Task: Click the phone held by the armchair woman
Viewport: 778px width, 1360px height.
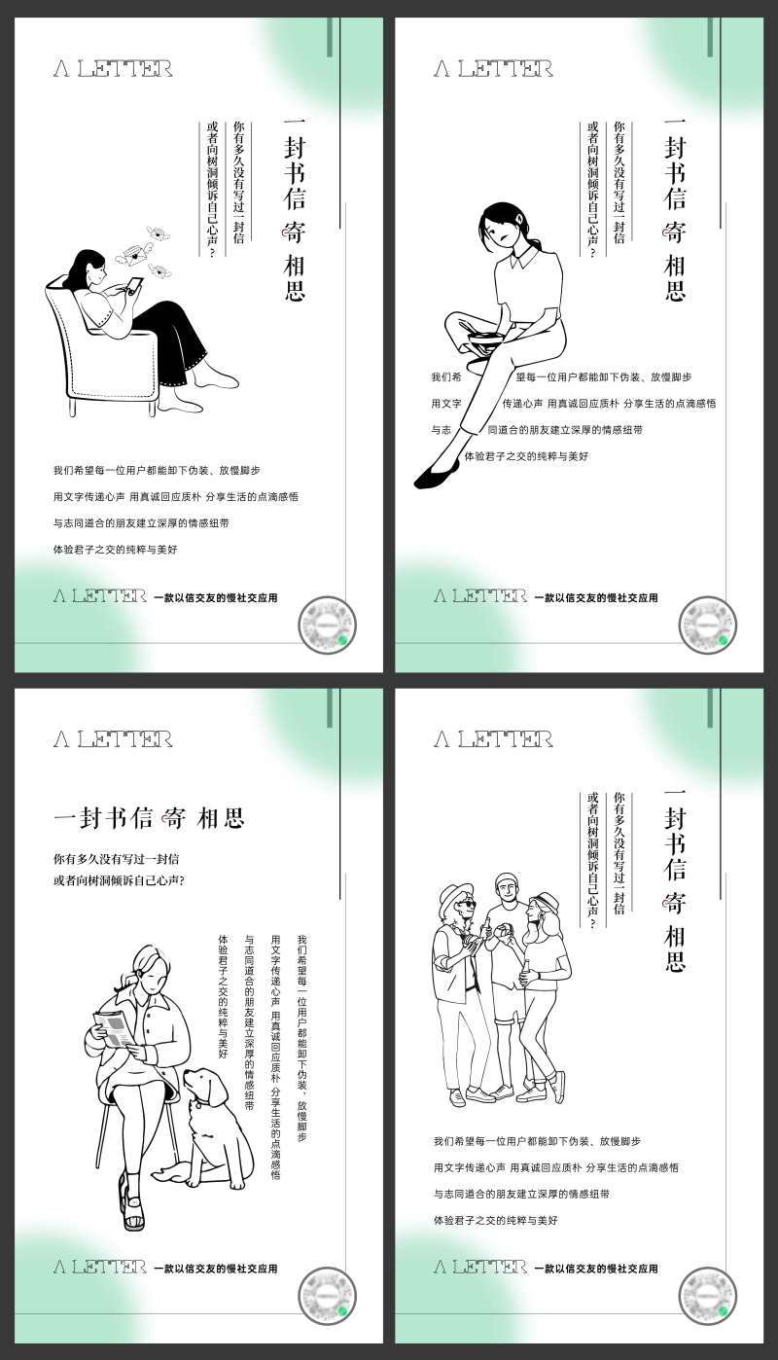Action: pyautogui.click(x=134, y=285)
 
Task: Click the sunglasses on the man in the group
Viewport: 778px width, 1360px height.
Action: pyautogui.click(x=468, y=904)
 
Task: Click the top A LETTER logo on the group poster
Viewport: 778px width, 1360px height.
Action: pyautogui.click(x=493, y=739)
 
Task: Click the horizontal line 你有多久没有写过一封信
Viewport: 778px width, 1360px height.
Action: pyautogui.click(x=116, y=860)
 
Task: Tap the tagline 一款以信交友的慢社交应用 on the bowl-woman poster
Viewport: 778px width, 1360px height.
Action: pyautogui.click(x=595, y=597)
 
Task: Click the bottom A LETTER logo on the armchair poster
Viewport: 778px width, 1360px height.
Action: pyautogui.click(x=100, y=596)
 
